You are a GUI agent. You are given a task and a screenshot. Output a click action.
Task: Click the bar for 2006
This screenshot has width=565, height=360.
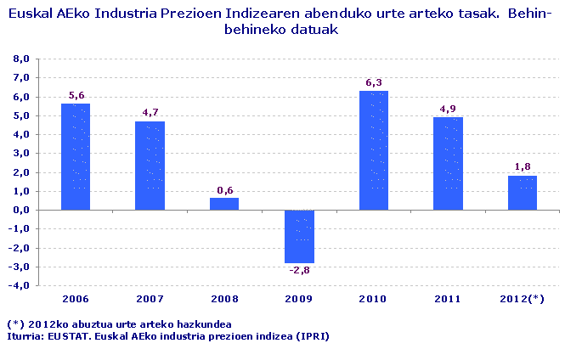(x=76, y=156)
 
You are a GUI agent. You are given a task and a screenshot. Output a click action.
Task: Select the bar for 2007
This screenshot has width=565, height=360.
(x=150, y=165)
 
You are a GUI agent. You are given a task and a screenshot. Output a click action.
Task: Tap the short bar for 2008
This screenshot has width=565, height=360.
(x=224, y=204)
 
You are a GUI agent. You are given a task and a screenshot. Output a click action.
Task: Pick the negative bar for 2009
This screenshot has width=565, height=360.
(x=299, y=236)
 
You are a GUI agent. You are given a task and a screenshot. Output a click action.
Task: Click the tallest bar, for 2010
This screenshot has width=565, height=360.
(x=374, y=150)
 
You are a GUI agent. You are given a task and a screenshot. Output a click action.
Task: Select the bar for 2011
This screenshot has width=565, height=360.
(x=448, y=163)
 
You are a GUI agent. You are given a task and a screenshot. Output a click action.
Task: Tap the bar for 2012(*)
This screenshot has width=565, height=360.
(x=523, y=193)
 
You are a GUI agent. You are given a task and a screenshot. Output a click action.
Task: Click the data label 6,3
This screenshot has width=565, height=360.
(x=374, y=82)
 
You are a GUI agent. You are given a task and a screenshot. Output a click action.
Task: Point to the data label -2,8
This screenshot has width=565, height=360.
(x=299, y=271)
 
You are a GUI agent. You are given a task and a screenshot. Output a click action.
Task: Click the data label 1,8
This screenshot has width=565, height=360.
(x=523, y=167)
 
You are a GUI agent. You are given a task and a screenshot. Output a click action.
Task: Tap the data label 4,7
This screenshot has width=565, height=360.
(x=150, y=113)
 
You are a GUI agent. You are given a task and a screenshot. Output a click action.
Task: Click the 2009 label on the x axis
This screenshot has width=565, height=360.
(x=299, y=299)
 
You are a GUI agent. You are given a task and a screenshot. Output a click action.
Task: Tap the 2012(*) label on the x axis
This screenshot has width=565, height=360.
(x=523, y=299)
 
